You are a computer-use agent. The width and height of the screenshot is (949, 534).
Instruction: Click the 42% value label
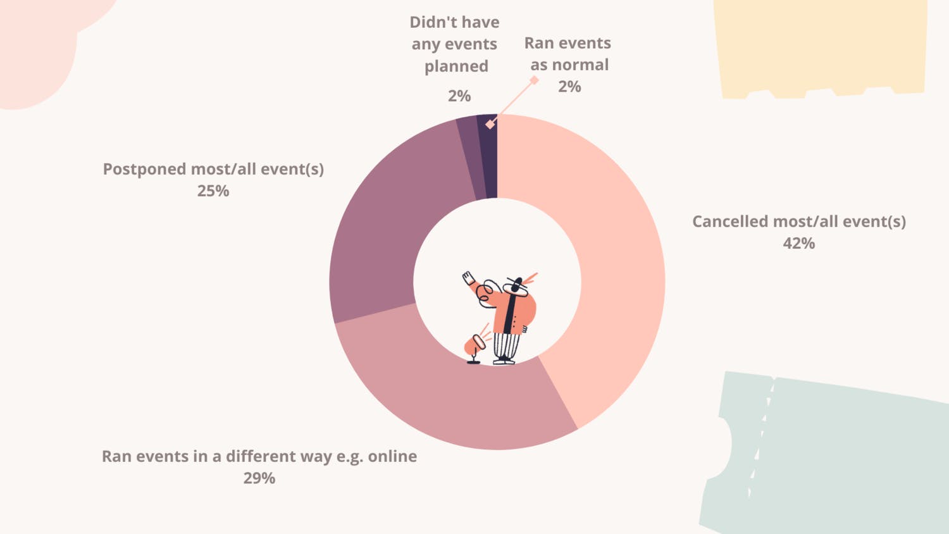(x=798, y=244)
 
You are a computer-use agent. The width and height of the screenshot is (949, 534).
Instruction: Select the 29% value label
(x=259, y=478)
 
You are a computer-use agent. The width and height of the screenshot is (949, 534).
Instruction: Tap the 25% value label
(x=213, y=191)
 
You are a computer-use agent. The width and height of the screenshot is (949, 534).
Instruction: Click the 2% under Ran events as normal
(x=569, y=87)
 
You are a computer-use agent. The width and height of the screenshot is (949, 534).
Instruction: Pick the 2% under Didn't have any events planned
(x=459, y=96)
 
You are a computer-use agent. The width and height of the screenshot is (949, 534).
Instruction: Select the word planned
(x=456, y=66)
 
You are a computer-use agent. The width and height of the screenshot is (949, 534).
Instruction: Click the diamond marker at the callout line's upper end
(x=535, y=80)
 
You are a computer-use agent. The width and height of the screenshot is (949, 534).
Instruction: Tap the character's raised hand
(x=468, y=278)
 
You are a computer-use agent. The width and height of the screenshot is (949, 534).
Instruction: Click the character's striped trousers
(x=506, y=345)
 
